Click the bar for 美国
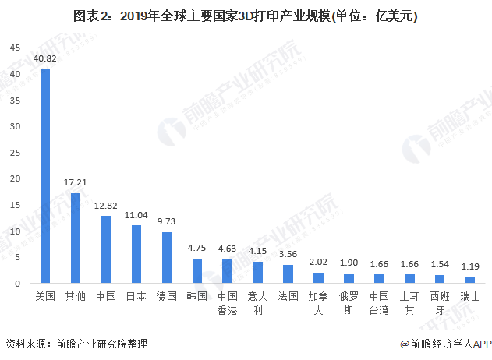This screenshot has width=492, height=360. click(x=45, y=176)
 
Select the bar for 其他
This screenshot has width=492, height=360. click(x=76, y=238)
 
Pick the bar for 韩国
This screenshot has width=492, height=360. click(x=196, y=270)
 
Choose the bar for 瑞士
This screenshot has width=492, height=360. click(x=469, y=280)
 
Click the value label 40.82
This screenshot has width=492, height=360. click(x=45, y=58)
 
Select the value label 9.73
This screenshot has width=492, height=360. click(x=167, y=221)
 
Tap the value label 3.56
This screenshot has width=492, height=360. click(x=288, y=254)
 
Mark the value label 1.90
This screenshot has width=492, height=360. click(x=349, y=263)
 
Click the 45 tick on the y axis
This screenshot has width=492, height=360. click(x=15, y=48)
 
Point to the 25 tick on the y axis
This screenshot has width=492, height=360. click(x=15, y=153)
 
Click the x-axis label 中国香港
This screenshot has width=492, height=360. click(x=227, y=304)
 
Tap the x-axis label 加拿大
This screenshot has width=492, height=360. click(x=318, y=304)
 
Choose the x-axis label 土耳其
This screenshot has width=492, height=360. click(x=409, y=304)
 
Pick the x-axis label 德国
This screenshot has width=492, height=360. click(x=167, y=297)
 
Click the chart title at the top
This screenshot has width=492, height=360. click(x=246, y=16)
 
